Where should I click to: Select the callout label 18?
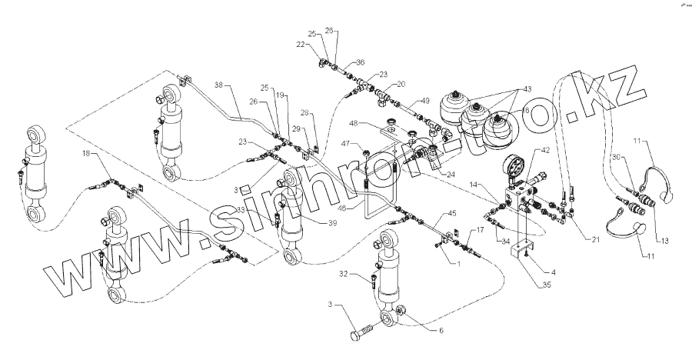(86, 155)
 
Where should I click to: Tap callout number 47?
(347, 143)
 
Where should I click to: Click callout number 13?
(665, 241)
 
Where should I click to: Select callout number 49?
(424, 101)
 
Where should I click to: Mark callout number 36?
(361, 63)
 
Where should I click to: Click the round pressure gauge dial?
(516, 167)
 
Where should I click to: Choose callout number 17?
(480, 229)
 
